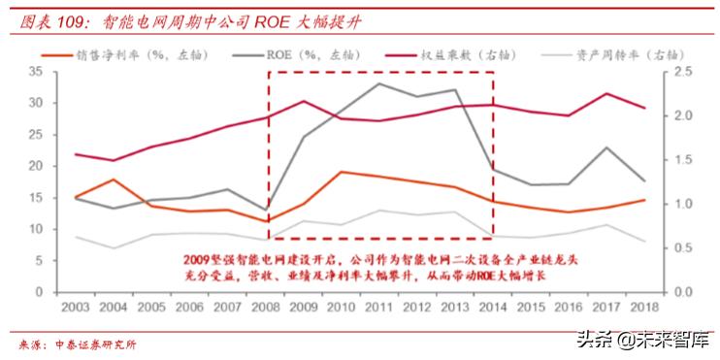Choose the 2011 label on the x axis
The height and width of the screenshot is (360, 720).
pos(378,307)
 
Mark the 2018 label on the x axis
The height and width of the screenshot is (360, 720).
pos(642,307)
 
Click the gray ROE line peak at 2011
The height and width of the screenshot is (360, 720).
pos(378,83)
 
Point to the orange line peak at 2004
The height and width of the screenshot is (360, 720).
pos(115,180)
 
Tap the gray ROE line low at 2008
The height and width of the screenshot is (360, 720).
pos(265,210)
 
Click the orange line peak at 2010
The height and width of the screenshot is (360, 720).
pos(341,172)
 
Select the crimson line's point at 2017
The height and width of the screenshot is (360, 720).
pos(605,93)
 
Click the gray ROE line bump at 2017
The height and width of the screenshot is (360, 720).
pos(605,147)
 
